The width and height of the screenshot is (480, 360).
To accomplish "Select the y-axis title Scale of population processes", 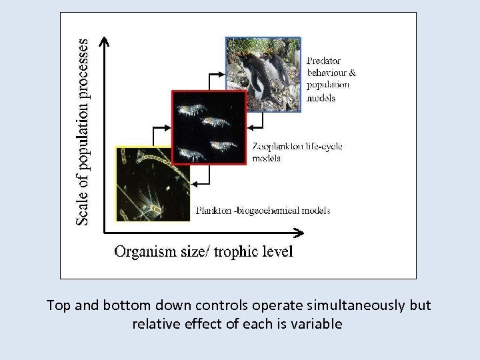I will [x=81, y=131].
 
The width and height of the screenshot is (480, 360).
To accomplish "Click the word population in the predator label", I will [x=328, y=85].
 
